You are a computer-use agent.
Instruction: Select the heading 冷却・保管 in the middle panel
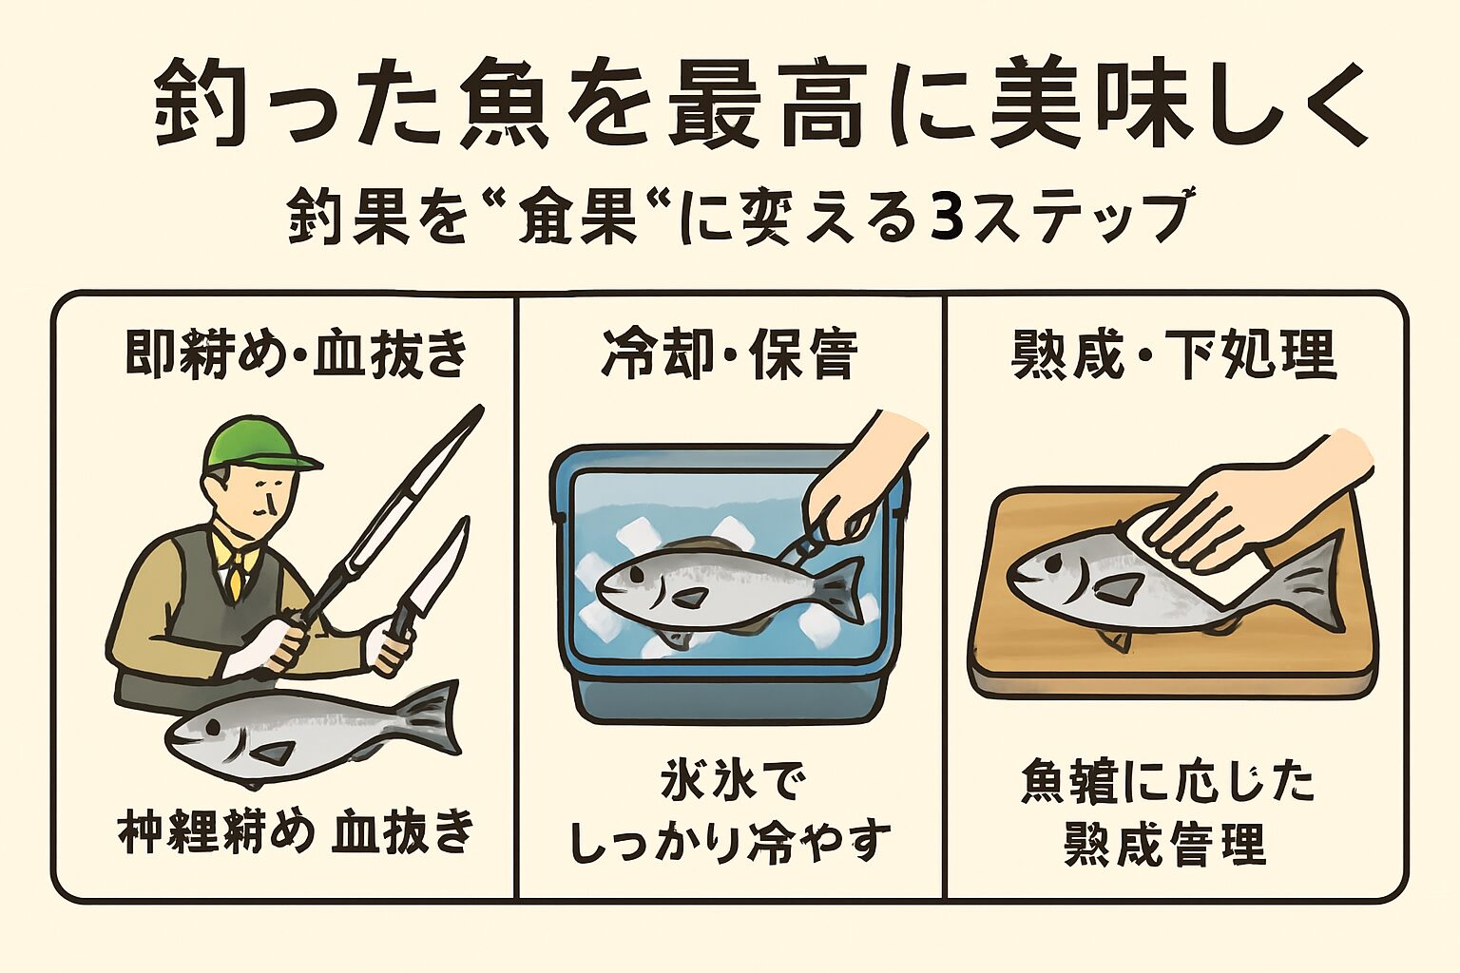[729, 355]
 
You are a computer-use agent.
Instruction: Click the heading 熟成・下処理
[1174, 355]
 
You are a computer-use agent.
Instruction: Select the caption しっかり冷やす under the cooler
[730, 841]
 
